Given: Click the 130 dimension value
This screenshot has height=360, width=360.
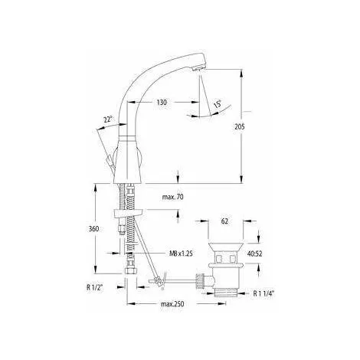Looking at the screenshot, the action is click(162, 103).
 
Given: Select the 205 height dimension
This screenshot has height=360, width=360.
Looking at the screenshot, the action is click(240, 126).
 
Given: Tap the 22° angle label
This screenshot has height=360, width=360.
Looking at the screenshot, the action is click(108, 119).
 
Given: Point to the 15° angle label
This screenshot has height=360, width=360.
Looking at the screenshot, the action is click(218, 104).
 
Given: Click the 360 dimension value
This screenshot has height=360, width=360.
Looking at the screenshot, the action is click(93, 229).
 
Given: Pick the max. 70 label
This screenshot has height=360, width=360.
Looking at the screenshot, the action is click(173, 197).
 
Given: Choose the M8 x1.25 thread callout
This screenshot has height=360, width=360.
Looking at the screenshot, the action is click(181, 254).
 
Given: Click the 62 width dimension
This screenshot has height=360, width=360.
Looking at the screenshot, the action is click(224, 221).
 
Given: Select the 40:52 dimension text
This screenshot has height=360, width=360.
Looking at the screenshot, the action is click(254, 254).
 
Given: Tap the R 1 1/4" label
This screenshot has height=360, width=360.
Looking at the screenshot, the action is click(263, 293).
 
